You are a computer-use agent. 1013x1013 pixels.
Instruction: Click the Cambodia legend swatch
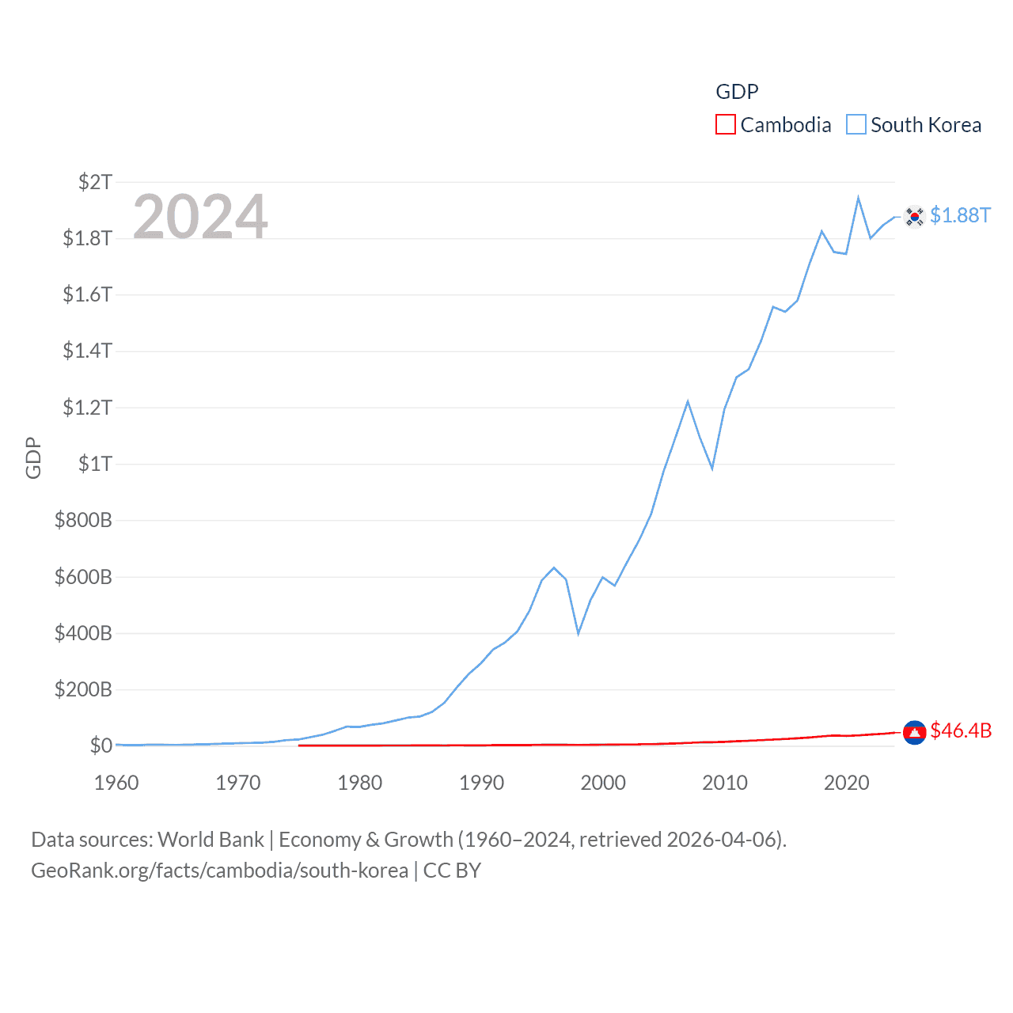(x=725, y=125)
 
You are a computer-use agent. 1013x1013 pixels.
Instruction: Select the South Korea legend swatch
(x=856, y=125)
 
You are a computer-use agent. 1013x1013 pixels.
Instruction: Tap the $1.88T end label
(x=960, y=215)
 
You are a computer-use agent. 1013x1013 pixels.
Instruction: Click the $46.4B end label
(x=961, y=730)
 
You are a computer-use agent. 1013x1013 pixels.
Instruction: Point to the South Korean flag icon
(x=915, y=216)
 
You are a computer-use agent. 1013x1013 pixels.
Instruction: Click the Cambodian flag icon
(x=915, y=733)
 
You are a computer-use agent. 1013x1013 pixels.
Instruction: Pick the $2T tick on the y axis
(x=96, y=182)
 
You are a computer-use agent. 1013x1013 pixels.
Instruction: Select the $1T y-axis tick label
(x=96, y=464)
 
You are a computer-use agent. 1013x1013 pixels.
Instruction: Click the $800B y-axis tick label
(x=83, y=520)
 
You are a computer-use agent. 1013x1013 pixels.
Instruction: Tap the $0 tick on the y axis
(x=101, y=746)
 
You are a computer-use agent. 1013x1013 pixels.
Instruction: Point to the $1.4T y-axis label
(x=88, y=351)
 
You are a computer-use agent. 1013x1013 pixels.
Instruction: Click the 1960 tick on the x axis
(x=116, y=783)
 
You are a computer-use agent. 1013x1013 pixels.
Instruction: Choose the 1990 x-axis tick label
(x=481, y=783)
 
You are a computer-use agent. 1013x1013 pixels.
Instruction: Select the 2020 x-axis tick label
(x=847, y=783)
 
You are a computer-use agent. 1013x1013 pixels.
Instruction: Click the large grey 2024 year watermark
(x=200, y=216)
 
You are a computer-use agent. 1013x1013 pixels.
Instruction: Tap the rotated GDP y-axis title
(x=33, y=457)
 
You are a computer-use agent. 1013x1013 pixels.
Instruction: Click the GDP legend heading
(x=737, y=92)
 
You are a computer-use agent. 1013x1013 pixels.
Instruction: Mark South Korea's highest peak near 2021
(x=858, y=198)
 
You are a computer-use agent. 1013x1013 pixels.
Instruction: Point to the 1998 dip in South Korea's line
(x=579, y=633)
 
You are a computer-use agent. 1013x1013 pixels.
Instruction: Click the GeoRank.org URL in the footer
(x=219, y=871)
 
